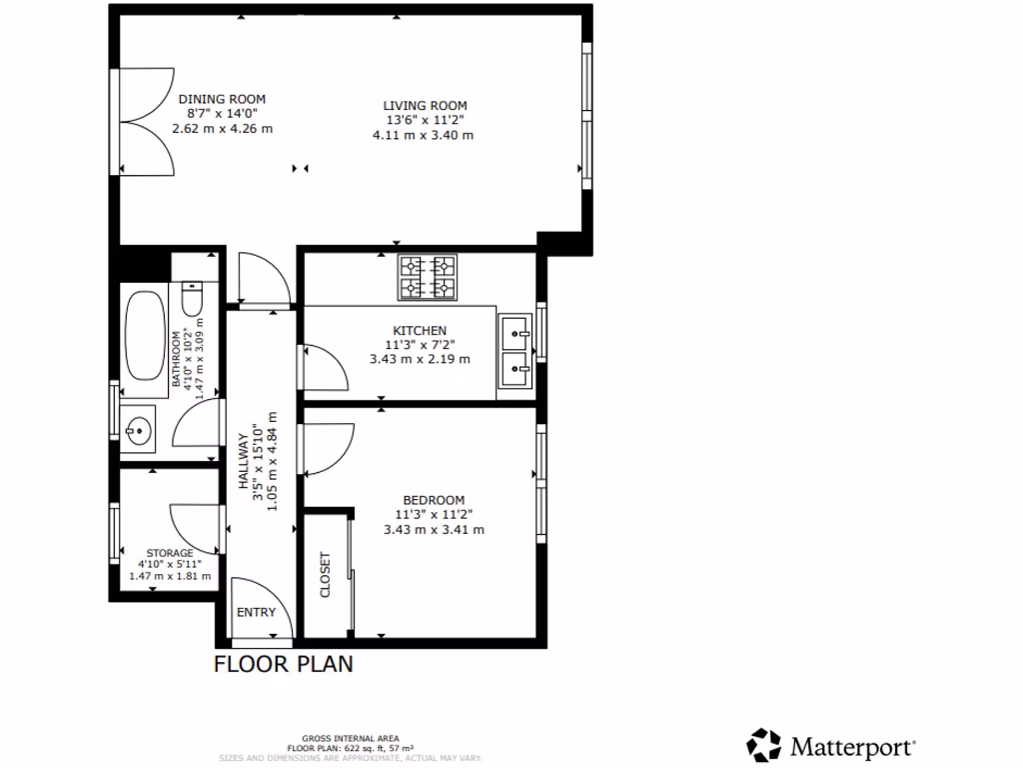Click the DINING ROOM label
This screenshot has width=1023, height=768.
[222, 99]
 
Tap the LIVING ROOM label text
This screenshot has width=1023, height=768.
[425, 105]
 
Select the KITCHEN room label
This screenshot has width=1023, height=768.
[420, 330]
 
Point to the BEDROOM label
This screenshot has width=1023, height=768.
[434, 500]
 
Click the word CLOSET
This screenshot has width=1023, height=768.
[326, 575]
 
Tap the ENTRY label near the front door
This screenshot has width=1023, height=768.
[255, 613]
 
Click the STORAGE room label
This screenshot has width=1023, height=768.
[170, 553]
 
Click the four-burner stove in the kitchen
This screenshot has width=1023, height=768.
[428, 278]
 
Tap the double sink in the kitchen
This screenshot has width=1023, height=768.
[516, 351]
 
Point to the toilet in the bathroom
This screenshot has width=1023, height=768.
[193, 298]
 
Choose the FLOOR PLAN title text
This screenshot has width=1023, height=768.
[284, 664]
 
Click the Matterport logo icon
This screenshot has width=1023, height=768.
[764, 745]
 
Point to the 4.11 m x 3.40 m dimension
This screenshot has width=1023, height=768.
[422, 135]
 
